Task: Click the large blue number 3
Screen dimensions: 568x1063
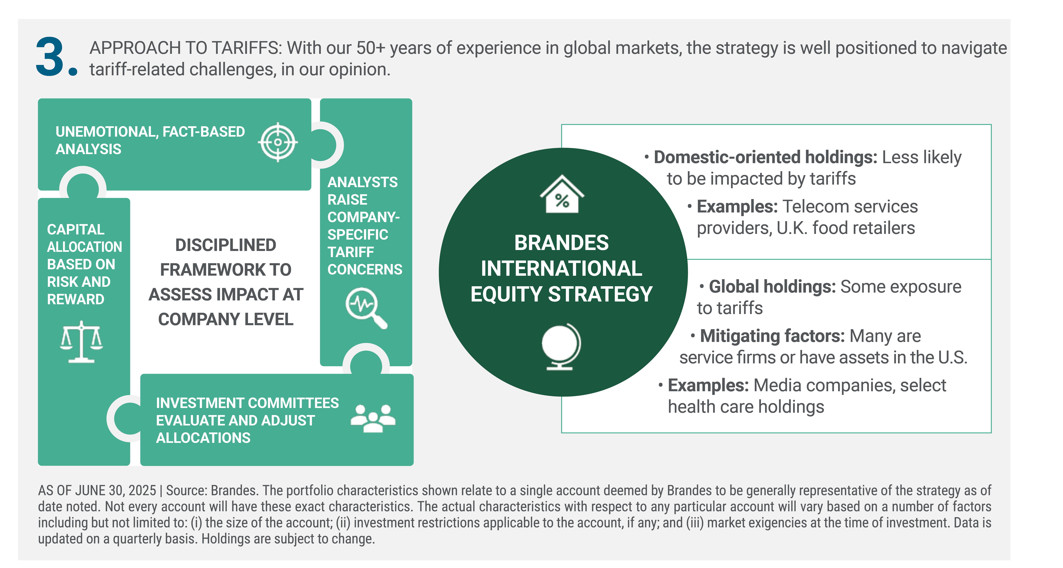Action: point(50,57)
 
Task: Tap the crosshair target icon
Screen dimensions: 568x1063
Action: point(278,142)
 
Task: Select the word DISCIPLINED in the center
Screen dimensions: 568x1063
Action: point(226,245)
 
